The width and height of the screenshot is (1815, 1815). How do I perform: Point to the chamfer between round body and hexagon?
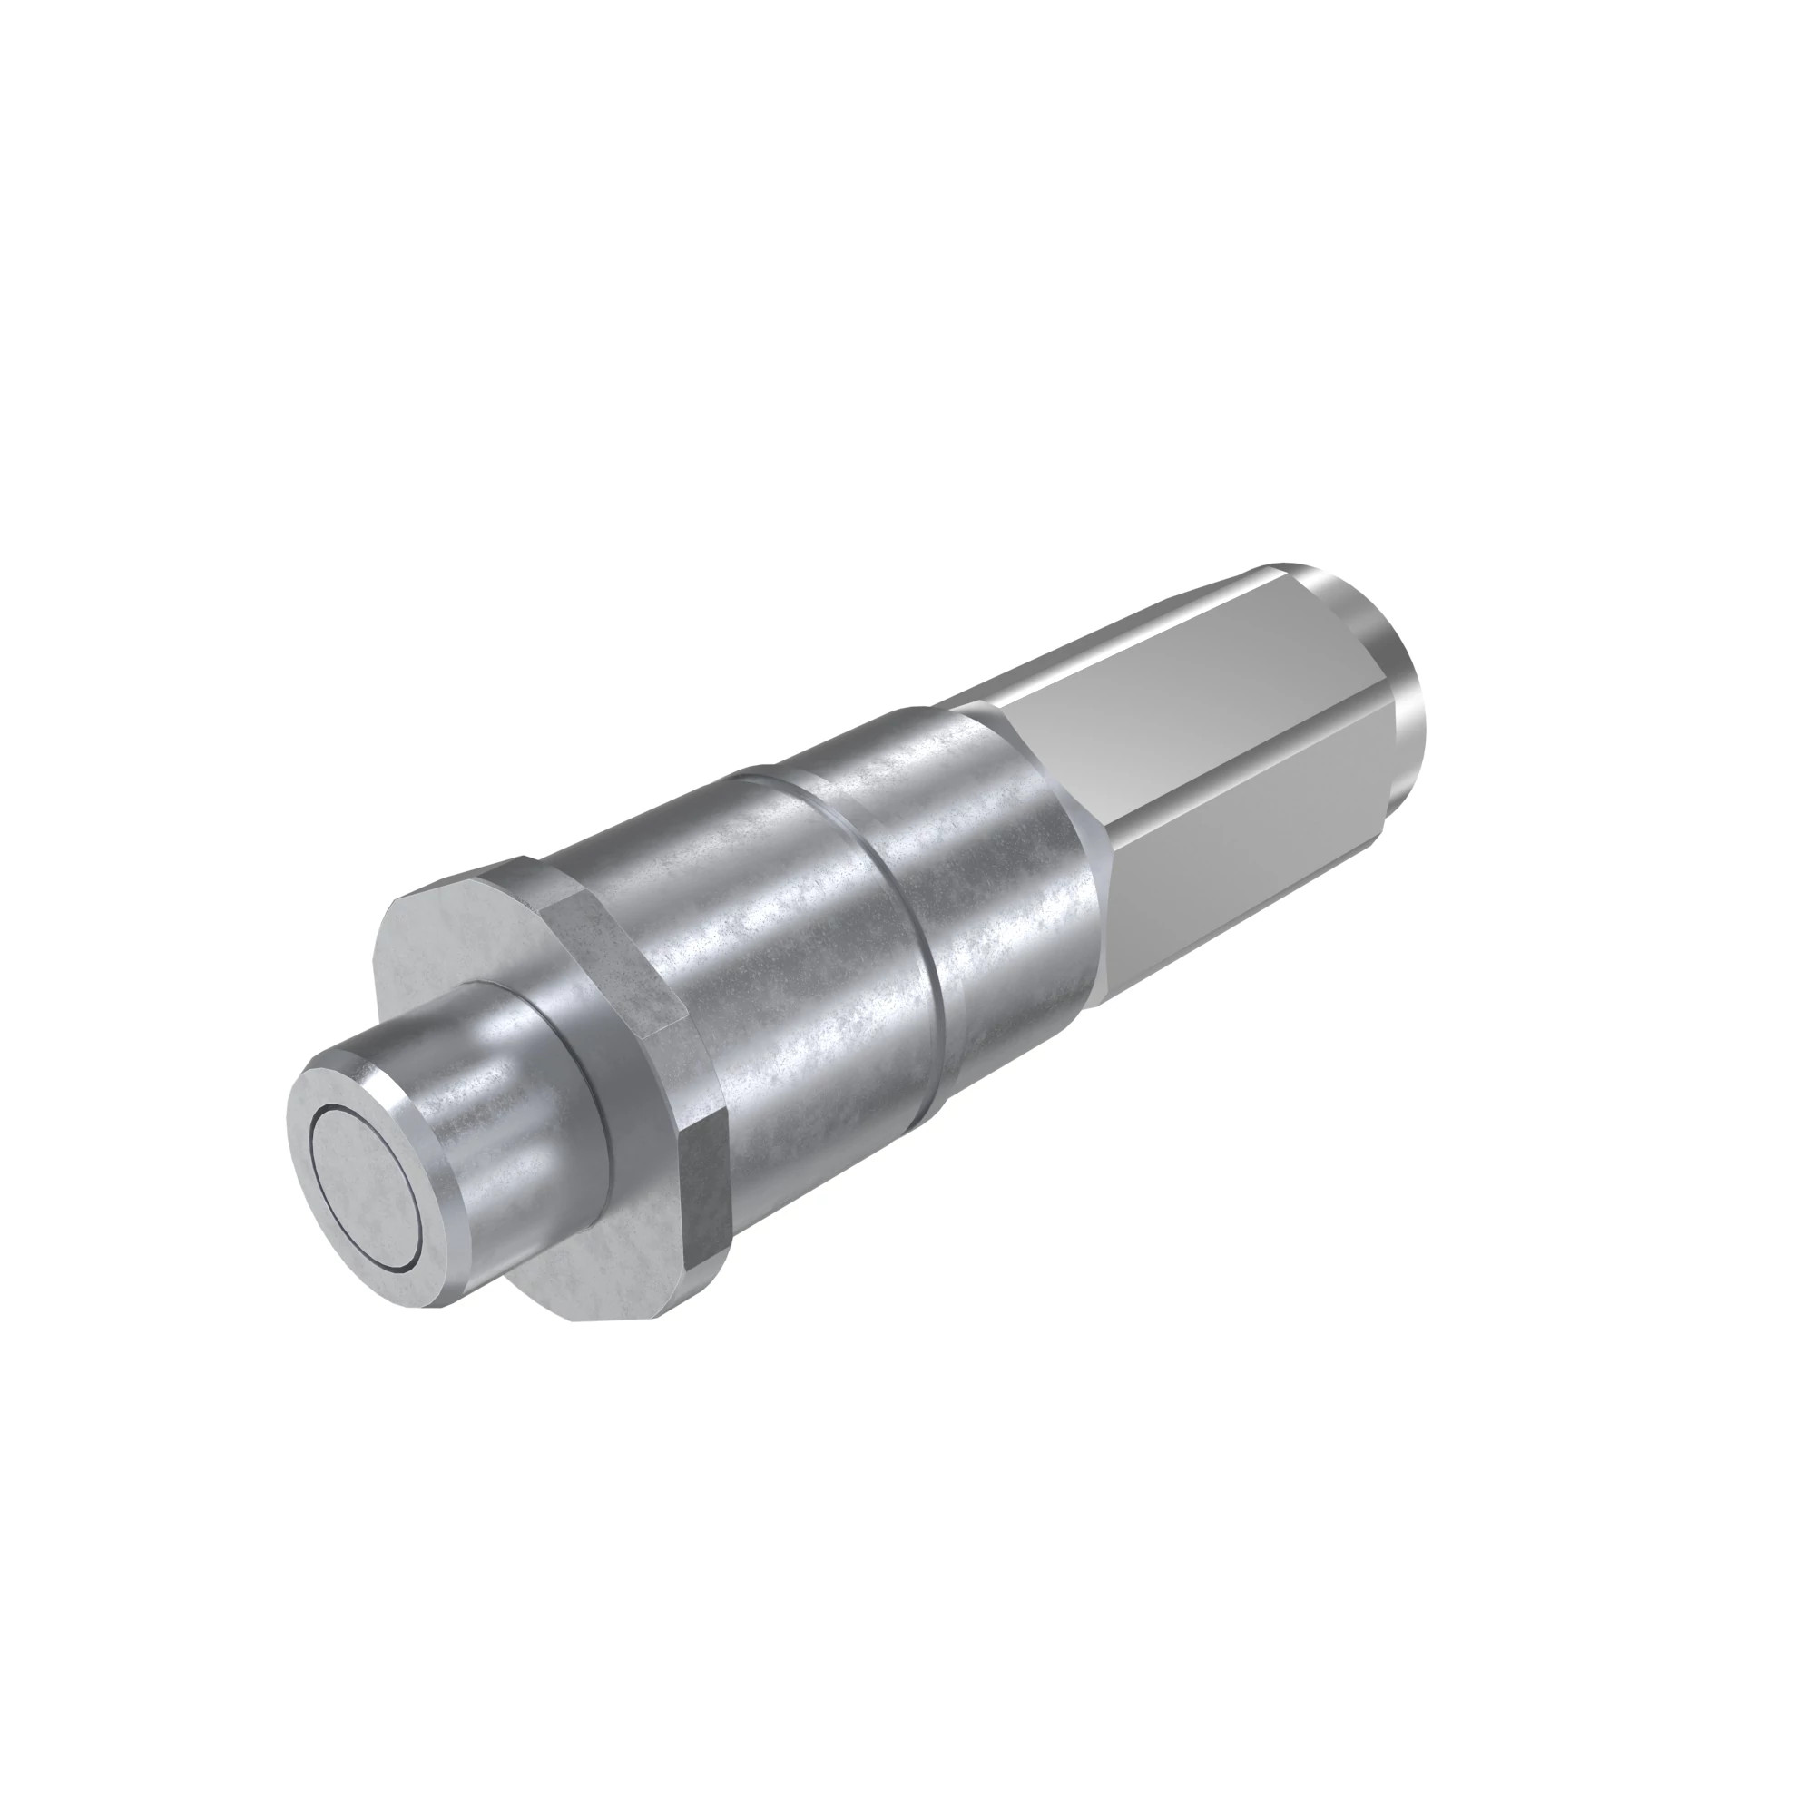click(1090, 846)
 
